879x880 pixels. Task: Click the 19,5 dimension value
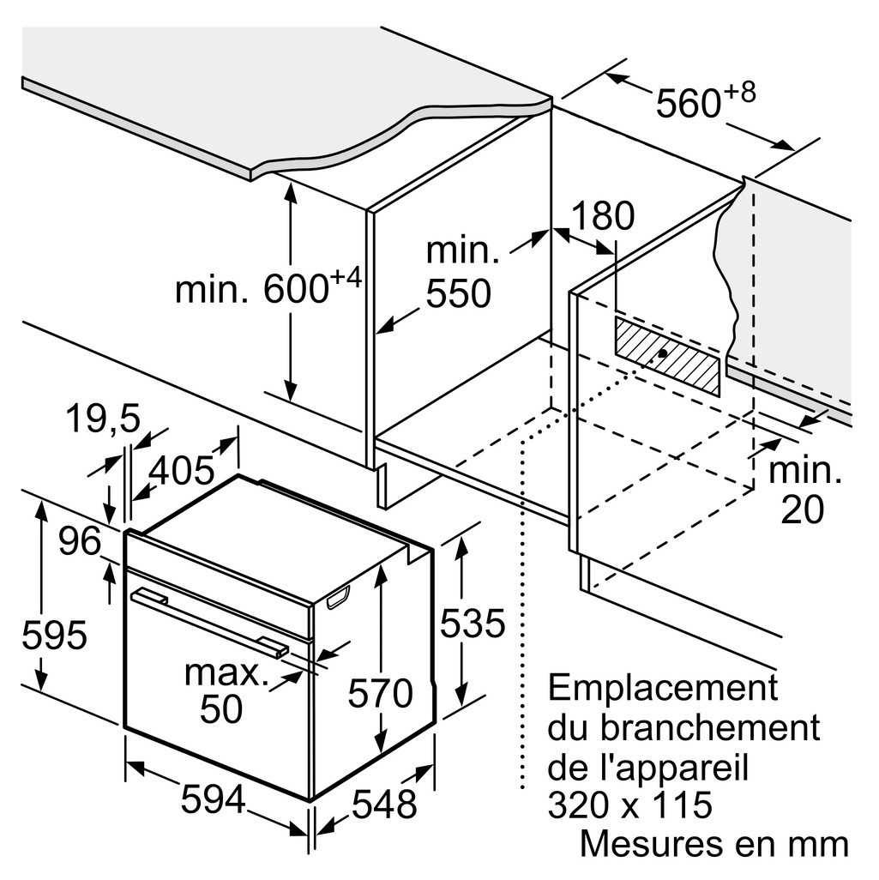pos(103,419)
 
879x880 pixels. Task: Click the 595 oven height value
pos(54,635)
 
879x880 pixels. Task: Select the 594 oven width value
pos(214,799)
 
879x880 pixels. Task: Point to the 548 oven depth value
pos(385,804)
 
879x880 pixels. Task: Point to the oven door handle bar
pos(209,621)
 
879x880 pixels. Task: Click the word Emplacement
pos(663,688)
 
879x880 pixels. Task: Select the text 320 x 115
pos(629,805)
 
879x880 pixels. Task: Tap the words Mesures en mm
pos(714,843)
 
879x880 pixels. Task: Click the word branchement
pos(710,726)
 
